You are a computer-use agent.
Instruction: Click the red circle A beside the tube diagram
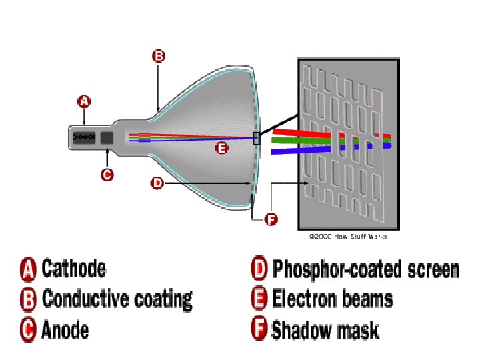84,102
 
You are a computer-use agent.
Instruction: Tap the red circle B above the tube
158,57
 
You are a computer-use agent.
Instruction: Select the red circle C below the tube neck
107,175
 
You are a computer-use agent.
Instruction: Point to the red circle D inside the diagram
157,183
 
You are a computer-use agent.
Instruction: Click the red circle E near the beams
221,149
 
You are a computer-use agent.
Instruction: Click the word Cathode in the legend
73,269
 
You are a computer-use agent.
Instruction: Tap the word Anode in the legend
65,329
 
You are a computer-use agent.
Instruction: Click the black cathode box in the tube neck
83,138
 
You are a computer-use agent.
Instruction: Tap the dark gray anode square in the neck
107,138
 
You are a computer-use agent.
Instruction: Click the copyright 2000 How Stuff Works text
348,237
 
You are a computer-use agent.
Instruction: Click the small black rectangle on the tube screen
256,138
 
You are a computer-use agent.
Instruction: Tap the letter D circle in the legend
259,269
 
